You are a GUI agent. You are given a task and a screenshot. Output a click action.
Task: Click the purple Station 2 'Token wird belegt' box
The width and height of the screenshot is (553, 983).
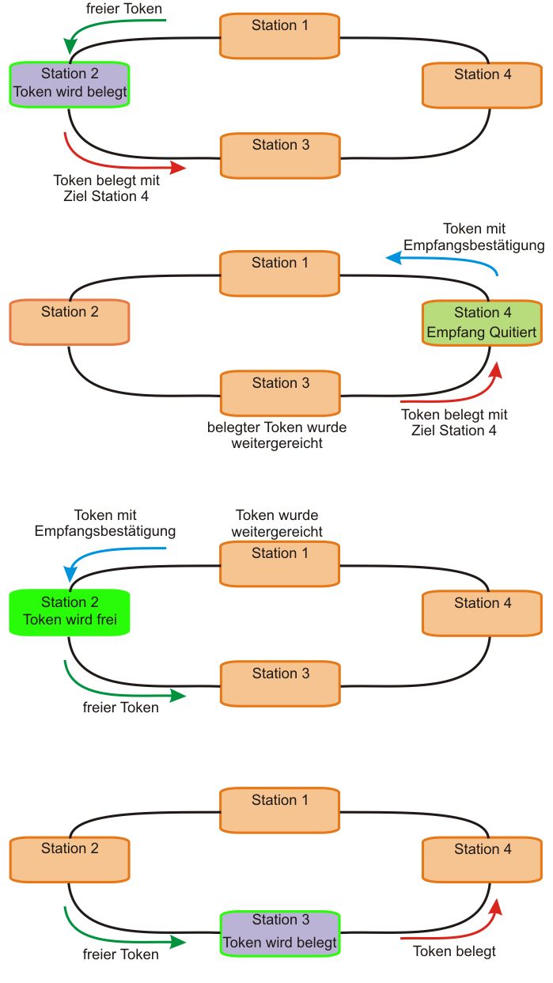(x=69, y=83)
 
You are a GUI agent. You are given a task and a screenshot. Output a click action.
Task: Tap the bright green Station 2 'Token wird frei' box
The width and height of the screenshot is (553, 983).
(x=69, y=611)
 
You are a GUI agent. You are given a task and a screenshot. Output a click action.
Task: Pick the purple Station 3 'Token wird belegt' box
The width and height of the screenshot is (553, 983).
(x=279, y=932)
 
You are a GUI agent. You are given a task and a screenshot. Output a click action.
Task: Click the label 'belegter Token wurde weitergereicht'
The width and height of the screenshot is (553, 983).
(x=277, y=435)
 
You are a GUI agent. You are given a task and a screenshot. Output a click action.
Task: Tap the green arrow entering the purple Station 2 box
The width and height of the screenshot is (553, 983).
(x=111, y=24)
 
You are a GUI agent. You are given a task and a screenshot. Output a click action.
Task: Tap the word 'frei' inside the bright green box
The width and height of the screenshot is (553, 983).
(x=104, y=620)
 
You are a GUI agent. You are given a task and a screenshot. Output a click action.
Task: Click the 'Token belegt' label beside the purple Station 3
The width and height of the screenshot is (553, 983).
(x=455, y=951)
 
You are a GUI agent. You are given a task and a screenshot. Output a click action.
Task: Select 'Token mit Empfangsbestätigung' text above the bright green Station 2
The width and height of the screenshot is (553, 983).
(x=105, y=523)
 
